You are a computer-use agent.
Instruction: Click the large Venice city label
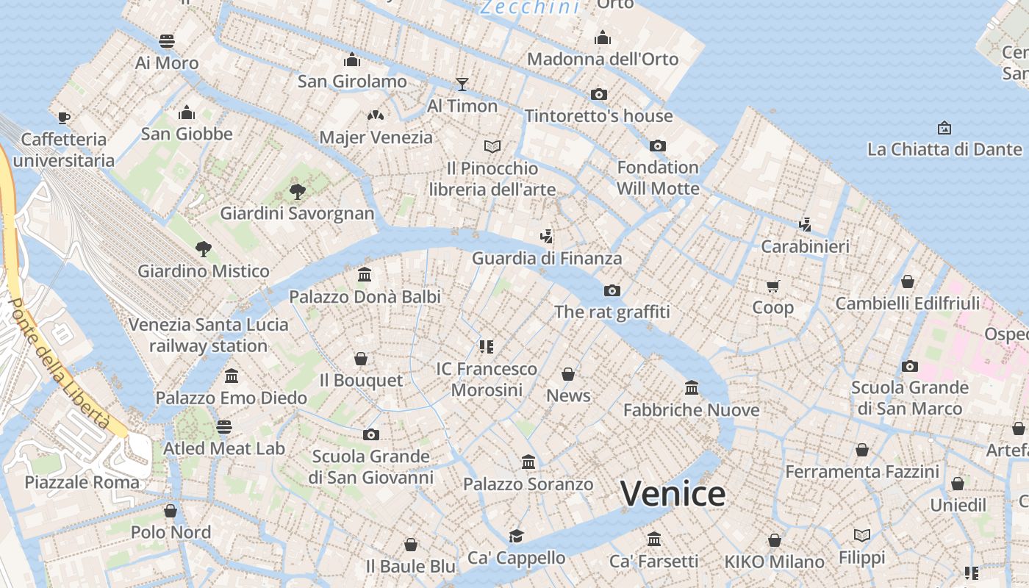coord(673,493)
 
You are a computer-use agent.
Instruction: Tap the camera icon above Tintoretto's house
coord(599,94)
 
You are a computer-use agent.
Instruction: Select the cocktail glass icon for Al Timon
coord(462,84)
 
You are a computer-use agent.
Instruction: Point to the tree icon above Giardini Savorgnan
coord(297,192)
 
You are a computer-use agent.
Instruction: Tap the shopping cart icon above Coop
coord(772,286)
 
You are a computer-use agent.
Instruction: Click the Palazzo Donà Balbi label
coord(365,296)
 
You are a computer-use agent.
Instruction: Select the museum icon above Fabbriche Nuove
coord(691,387)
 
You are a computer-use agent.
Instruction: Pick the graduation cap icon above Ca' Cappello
coord(517,536)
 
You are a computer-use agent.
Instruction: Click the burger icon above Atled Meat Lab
coord(224,427)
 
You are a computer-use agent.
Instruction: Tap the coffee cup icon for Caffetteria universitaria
coord(64,118)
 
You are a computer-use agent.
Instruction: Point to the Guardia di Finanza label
coord(547,258)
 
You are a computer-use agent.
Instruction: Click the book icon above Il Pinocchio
coord(492,146)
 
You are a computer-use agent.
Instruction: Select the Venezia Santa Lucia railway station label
coord(209,335)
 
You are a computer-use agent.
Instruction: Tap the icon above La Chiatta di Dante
coord(944,128)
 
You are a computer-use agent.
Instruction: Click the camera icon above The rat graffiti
coord(612,290)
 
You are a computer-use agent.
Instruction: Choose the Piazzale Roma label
coord(82,482)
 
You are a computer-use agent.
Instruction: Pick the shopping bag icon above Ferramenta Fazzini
coord(862,449)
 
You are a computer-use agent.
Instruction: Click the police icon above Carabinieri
coord(805,224)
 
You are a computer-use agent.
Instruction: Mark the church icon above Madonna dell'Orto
coord(603,37)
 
